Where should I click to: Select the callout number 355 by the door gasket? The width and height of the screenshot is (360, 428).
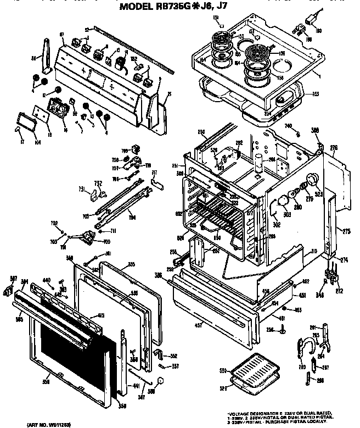(131, 264)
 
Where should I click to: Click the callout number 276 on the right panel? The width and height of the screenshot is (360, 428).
(333, 147)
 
